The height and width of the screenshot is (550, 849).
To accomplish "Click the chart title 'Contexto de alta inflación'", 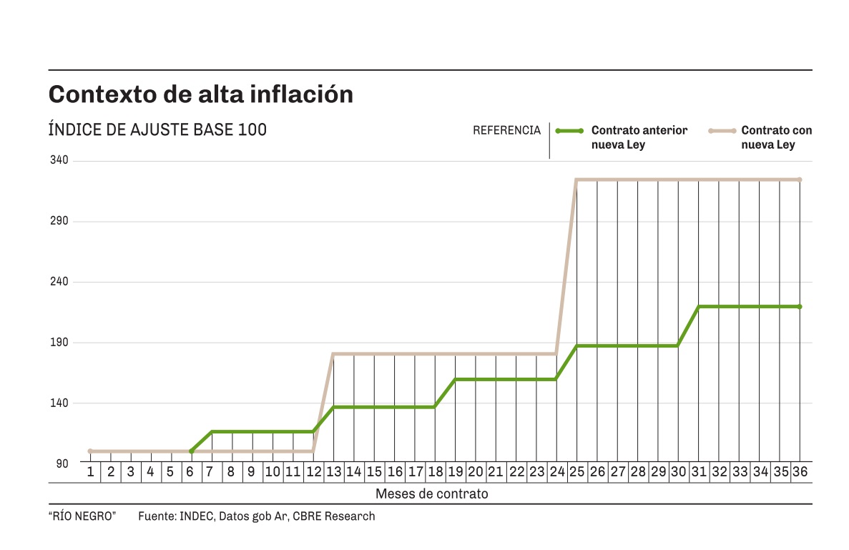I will [201, 94].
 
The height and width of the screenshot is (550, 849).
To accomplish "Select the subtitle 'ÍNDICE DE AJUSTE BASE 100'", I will [157, 130].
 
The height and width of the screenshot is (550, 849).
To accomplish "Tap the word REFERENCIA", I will [506, 130].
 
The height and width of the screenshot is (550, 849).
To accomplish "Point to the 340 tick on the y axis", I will [59, 160].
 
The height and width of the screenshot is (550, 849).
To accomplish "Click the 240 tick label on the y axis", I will [59, 282].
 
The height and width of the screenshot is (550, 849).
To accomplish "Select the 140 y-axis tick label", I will [59, 403].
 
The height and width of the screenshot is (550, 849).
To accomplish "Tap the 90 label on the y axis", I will [62, 463].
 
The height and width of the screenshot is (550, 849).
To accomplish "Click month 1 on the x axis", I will [91, 472].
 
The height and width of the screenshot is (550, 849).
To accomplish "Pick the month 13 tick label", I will [333, 472].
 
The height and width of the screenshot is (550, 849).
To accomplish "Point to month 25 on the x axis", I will [576, 472].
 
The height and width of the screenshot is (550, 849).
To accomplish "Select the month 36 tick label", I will [800, 472].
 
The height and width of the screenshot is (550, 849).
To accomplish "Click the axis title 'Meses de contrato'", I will [431, 494].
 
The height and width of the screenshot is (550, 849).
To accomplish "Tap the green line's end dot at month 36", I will [800, 307].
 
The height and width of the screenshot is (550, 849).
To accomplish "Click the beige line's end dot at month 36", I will [800, 180].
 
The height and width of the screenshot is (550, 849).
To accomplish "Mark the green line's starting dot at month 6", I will [191, 451].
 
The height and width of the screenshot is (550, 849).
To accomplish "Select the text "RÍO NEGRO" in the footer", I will [82, 516].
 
